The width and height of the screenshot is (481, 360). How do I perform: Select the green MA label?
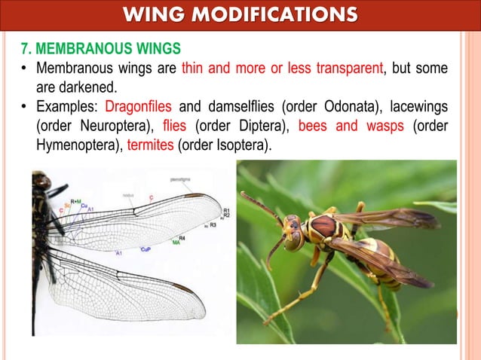point(175,243)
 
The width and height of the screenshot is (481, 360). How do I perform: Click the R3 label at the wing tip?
point(213,224)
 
